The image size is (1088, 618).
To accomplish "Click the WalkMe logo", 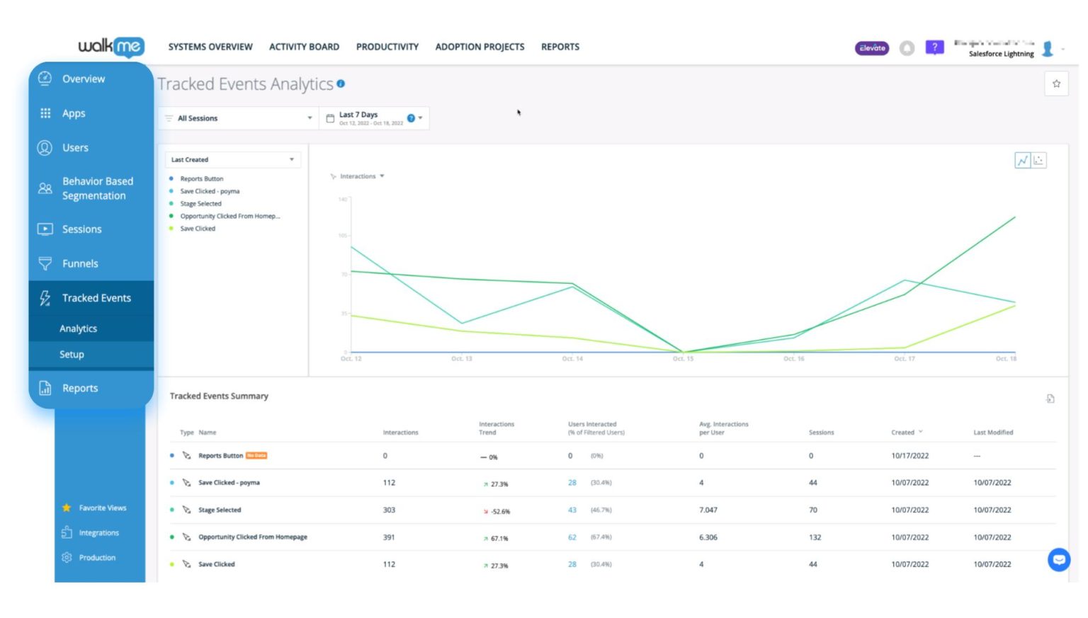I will (x=111, y=47).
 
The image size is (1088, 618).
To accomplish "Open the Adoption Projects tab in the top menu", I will (x=480, y=47).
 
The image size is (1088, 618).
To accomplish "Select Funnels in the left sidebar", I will (x=80, y=263).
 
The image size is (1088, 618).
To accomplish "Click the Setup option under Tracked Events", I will (x=72, y=355).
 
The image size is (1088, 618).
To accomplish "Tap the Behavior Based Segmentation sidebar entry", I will (x=97, y=188).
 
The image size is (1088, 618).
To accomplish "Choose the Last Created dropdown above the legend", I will (x=232, y=160).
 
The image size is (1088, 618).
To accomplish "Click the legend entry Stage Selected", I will (x=200, y=204).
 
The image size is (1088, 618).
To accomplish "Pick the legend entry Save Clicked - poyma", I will (x=210, y=191).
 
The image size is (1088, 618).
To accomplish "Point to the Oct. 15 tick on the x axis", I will (x=683, y=359).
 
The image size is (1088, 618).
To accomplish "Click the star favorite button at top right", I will (x=1056, y=84).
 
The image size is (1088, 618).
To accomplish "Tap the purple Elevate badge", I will (x=872, y=48).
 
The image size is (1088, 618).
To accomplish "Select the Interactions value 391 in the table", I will (x=389, y=537).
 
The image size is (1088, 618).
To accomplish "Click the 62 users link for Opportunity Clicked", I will (x=572, y=537).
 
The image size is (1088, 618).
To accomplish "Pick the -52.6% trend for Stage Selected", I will (x=500, y=511).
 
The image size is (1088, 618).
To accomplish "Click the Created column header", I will (x=903, y=433).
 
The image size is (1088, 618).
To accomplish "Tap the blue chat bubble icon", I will (x=1059, y=560).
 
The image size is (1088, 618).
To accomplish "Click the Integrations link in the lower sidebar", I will (x=98, y=533).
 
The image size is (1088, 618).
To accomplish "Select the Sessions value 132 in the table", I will (x=815, y=537).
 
